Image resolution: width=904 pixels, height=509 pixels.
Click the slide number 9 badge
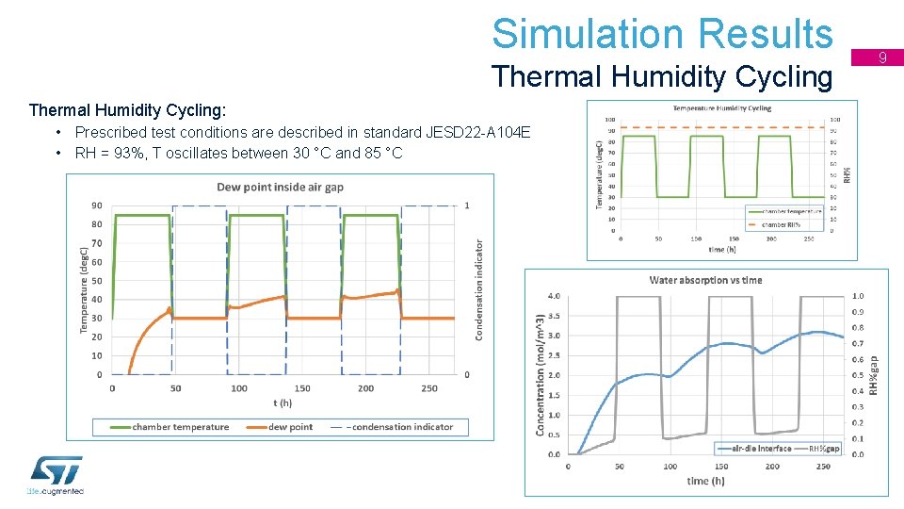click(883, 58)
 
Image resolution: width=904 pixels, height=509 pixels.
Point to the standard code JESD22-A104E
click(478, 133)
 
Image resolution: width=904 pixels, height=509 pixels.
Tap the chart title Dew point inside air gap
click(280, 187)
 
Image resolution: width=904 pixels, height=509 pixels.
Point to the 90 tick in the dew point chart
click(97, 205)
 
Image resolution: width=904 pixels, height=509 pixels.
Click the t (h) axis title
click(282, 402)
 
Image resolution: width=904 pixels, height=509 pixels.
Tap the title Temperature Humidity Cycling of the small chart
click(721, 108)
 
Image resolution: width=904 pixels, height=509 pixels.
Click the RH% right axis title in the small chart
click(848, 174)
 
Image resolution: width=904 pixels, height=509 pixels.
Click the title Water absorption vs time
click(705, 280)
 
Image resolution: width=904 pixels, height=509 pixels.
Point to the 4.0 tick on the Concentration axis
click(554, 297)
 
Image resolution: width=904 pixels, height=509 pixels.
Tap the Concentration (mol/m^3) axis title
click(540, 374)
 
